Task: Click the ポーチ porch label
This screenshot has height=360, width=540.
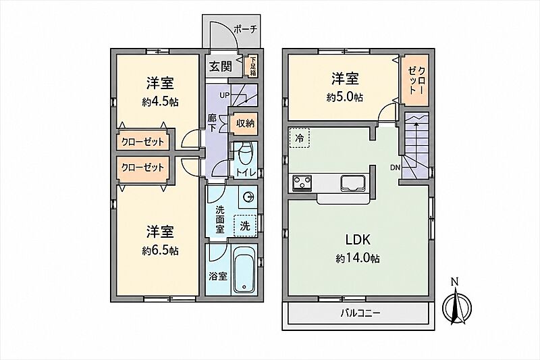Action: coord(246,30)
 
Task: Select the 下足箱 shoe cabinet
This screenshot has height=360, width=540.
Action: coord(252,66)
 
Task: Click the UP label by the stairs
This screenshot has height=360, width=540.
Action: coord(224,95)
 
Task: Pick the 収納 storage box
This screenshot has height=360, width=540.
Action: coord(245,123)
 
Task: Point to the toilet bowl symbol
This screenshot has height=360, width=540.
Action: coord(246,154)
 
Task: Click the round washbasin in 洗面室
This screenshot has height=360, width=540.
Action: coord(248,197)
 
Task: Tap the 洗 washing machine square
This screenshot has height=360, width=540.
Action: coord(245,226)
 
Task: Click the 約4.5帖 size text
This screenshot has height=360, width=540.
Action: coord(160,102)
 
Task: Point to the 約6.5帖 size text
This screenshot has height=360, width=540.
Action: coord(160,251)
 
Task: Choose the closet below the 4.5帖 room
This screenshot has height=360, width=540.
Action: coord(142,142)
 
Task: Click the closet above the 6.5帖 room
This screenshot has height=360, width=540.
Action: coord(142,168)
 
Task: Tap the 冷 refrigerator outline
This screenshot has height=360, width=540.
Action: coord(300,138)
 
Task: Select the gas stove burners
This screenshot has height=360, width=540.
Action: coord(302,182)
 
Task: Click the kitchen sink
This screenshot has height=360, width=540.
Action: coord(353,182)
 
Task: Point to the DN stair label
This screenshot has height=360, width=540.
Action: coord(395,168)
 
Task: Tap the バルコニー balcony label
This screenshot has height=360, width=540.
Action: coord(360,313)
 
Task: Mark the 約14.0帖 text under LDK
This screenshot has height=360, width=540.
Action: coord(358,258)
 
